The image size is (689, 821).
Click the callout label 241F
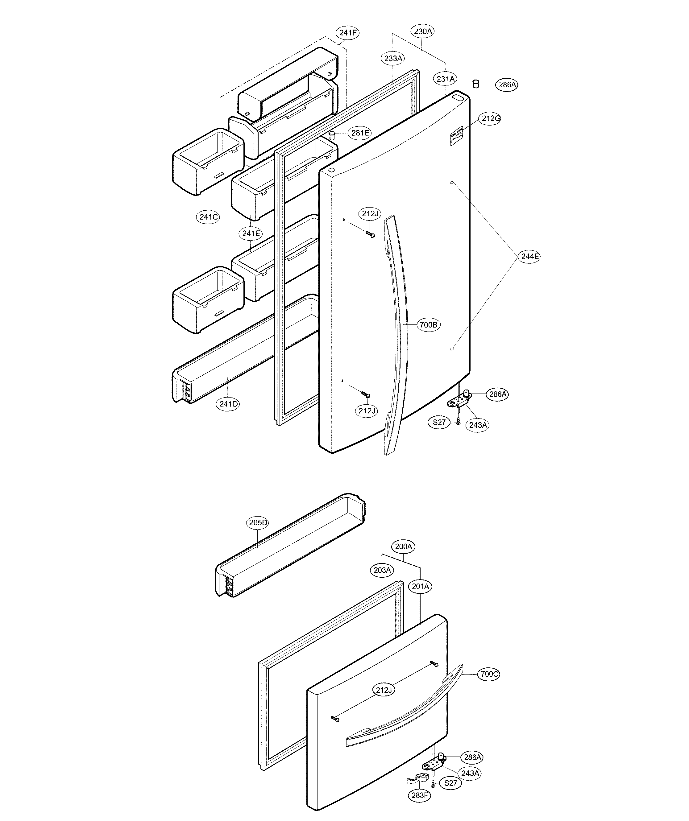pos(348,32)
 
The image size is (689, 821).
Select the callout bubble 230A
pos(423,31)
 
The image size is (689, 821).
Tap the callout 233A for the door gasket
pos(393,59)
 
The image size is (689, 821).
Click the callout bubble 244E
pos(529,257)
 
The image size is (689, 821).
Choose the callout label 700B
pos(428,324)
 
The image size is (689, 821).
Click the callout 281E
pos(360,133)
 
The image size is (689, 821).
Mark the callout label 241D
pos(228,404)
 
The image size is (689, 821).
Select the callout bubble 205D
pos(258,523)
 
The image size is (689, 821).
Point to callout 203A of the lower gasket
pos(382,570)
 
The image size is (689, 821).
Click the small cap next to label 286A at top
pos(476,83)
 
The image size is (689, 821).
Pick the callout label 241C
pos(208,217)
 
